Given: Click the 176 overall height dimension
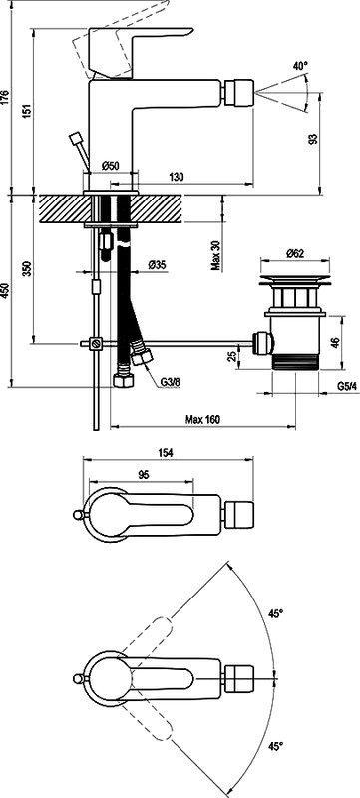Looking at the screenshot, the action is pos(5,97).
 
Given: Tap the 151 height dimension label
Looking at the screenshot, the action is pos(28,111).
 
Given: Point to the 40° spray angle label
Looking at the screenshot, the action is pos(300,66).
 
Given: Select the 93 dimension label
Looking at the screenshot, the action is pos(314,139).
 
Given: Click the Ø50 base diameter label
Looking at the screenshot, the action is pos(110,165).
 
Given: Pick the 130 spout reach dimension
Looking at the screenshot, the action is pos(176,177).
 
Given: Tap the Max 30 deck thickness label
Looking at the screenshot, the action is pos(216,255).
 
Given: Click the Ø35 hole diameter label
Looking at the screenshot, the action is pos(158,265).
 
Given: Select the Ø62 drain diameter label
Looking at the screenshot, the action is pos(295,254).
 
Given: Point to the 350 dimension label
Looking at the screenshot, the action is pos(28,268).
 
